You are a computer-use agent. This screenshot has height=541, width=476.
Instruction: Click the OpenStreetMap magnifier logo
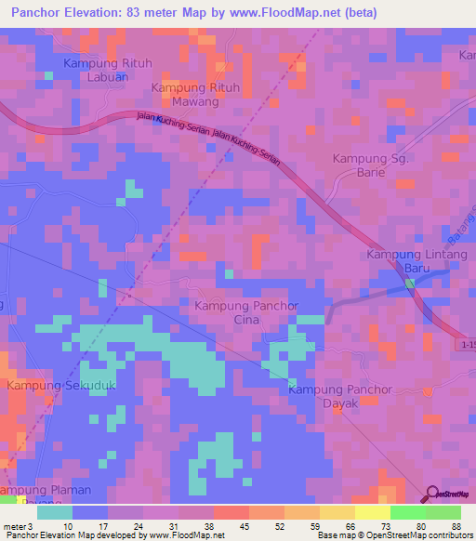[432, 495]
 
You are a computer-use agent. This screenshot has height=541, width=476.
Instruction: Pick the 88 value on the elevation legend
[456, 525]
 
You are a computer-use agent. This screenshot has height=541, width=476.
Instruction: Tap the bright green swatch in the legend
[406, 512]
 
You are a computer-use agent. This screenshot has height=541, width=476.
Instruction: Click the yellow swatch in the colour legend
[371, 512]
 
